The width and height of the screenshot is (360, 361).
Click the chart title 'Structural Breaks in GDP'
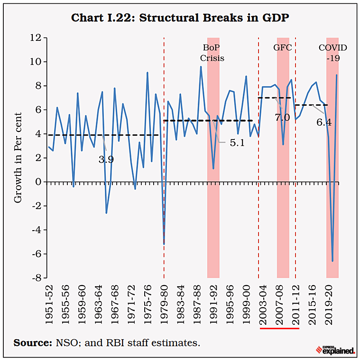pos(180,18)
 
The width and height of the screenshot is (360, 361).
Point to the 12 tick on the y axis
pos(35,38)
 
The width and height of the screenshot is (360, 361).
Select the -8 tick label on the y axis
pos(35,278)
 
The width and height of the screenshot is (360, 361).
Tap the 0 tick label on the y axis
pos(37,182)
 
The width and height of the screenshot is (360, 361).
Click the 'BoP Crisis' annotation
pos(212,53)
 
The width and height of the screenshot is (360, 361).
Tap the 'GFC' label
pos(282,48)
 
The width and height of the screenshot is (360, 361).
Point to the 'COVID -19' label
pos(332,53)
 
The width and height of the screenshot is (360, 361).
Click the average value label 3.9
pos(106,160)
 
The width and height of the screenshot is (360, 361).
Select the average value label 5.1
pos(237,142)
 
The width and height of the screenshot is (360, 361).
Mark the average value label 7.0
pos(282,117)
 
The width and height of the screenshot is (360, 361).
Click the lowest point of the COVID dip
pos(332,261)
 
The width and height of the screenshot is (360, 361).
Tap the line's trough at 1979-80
pos(164,244)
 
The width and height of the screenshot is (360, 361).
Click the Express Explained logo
pos(335,350)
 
